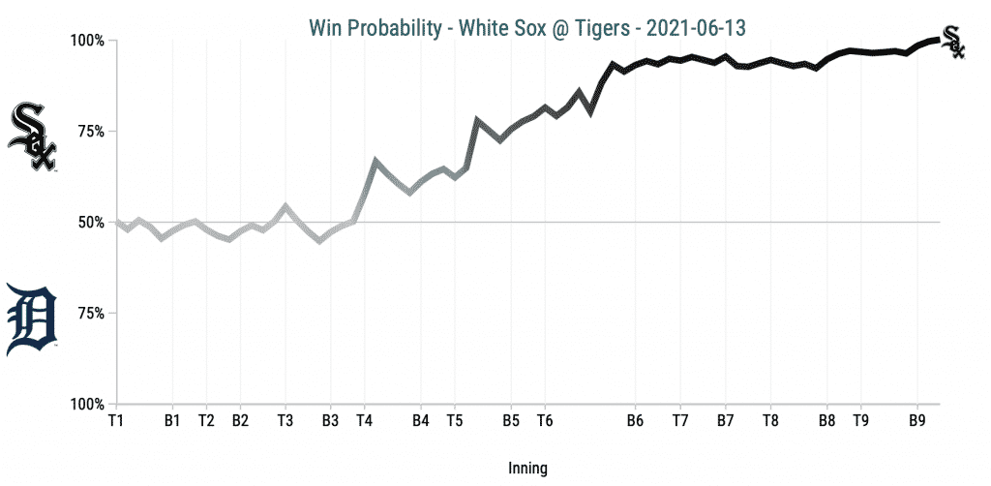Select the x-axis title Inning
[527, 469]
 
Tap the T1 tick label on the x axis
[116, 421]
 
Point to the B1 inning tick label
[172, 421]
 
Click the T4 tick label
[364, 421]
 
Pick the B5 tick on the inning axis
[511, 421]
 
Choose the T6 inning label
[545, 421]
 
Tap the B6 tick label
[635, 421]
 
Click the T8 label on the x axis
[770, 421]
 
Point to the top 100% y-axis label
[85, 41]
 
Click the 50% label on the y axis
[89, 223]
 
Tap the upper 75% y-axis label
[89, 132]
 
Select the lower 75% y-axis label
[89, 314]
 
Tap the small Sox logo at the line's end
[953, 41]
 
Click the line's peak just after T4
[375, 160]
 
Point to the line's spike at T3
[285, 205]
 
